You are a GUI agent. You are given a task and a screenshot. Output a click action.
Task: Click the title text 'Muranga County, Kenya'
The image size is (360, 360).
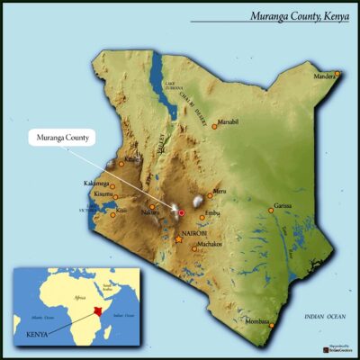(286, 15)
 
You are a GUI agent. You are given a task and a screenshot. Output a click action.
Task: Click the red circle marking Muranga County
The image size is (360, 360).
(181, 212)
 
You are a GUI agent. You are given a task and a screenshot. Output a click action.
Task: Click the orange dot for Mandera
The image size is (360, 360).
(337, 73)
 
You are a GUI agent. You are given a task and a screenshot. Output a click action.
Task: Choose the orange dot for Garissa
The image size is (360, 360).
(271, 211)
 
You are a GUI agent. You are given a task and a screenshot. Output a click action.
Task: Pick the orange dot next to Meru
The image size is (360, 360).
(210, 194)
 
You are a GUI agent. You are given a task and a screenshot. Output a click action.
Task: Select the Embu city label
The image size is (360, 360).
(212, 212)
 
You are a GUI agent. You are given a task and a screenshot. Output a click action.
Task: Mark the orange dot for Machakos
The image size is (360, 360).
(193, 248)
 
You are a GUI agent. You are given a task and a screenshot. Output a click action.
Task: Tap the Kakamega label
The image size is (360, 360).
(96, 184)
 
